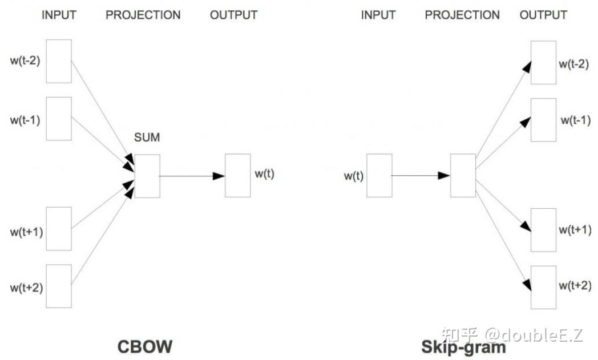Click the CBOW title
(144, 346)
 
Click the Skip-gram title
(463, 346)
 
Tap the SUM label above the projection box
(147, 137)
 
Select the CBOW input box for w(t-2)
(59, 61)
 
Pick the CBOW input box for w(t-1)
(59, 119)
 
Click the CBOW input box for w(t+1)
(59, 228)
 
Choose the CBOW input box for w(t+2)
(59, 286)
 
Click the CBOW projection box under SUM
(147, 176)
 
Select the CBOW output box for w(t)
(237, 175)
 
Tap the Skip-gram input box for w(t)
(379, 175)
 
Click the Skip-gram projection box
(463, 175)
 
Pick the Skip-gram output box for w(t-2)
(543, 62)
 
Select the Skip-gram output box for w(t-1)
(543, 120)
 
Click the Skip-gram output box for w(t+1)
(543, 229)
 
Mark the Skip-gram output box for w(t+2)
(543, 287)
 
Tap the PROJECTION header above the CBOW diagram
(143, 15)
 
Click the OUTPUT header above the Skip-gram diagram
(543, 15)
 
